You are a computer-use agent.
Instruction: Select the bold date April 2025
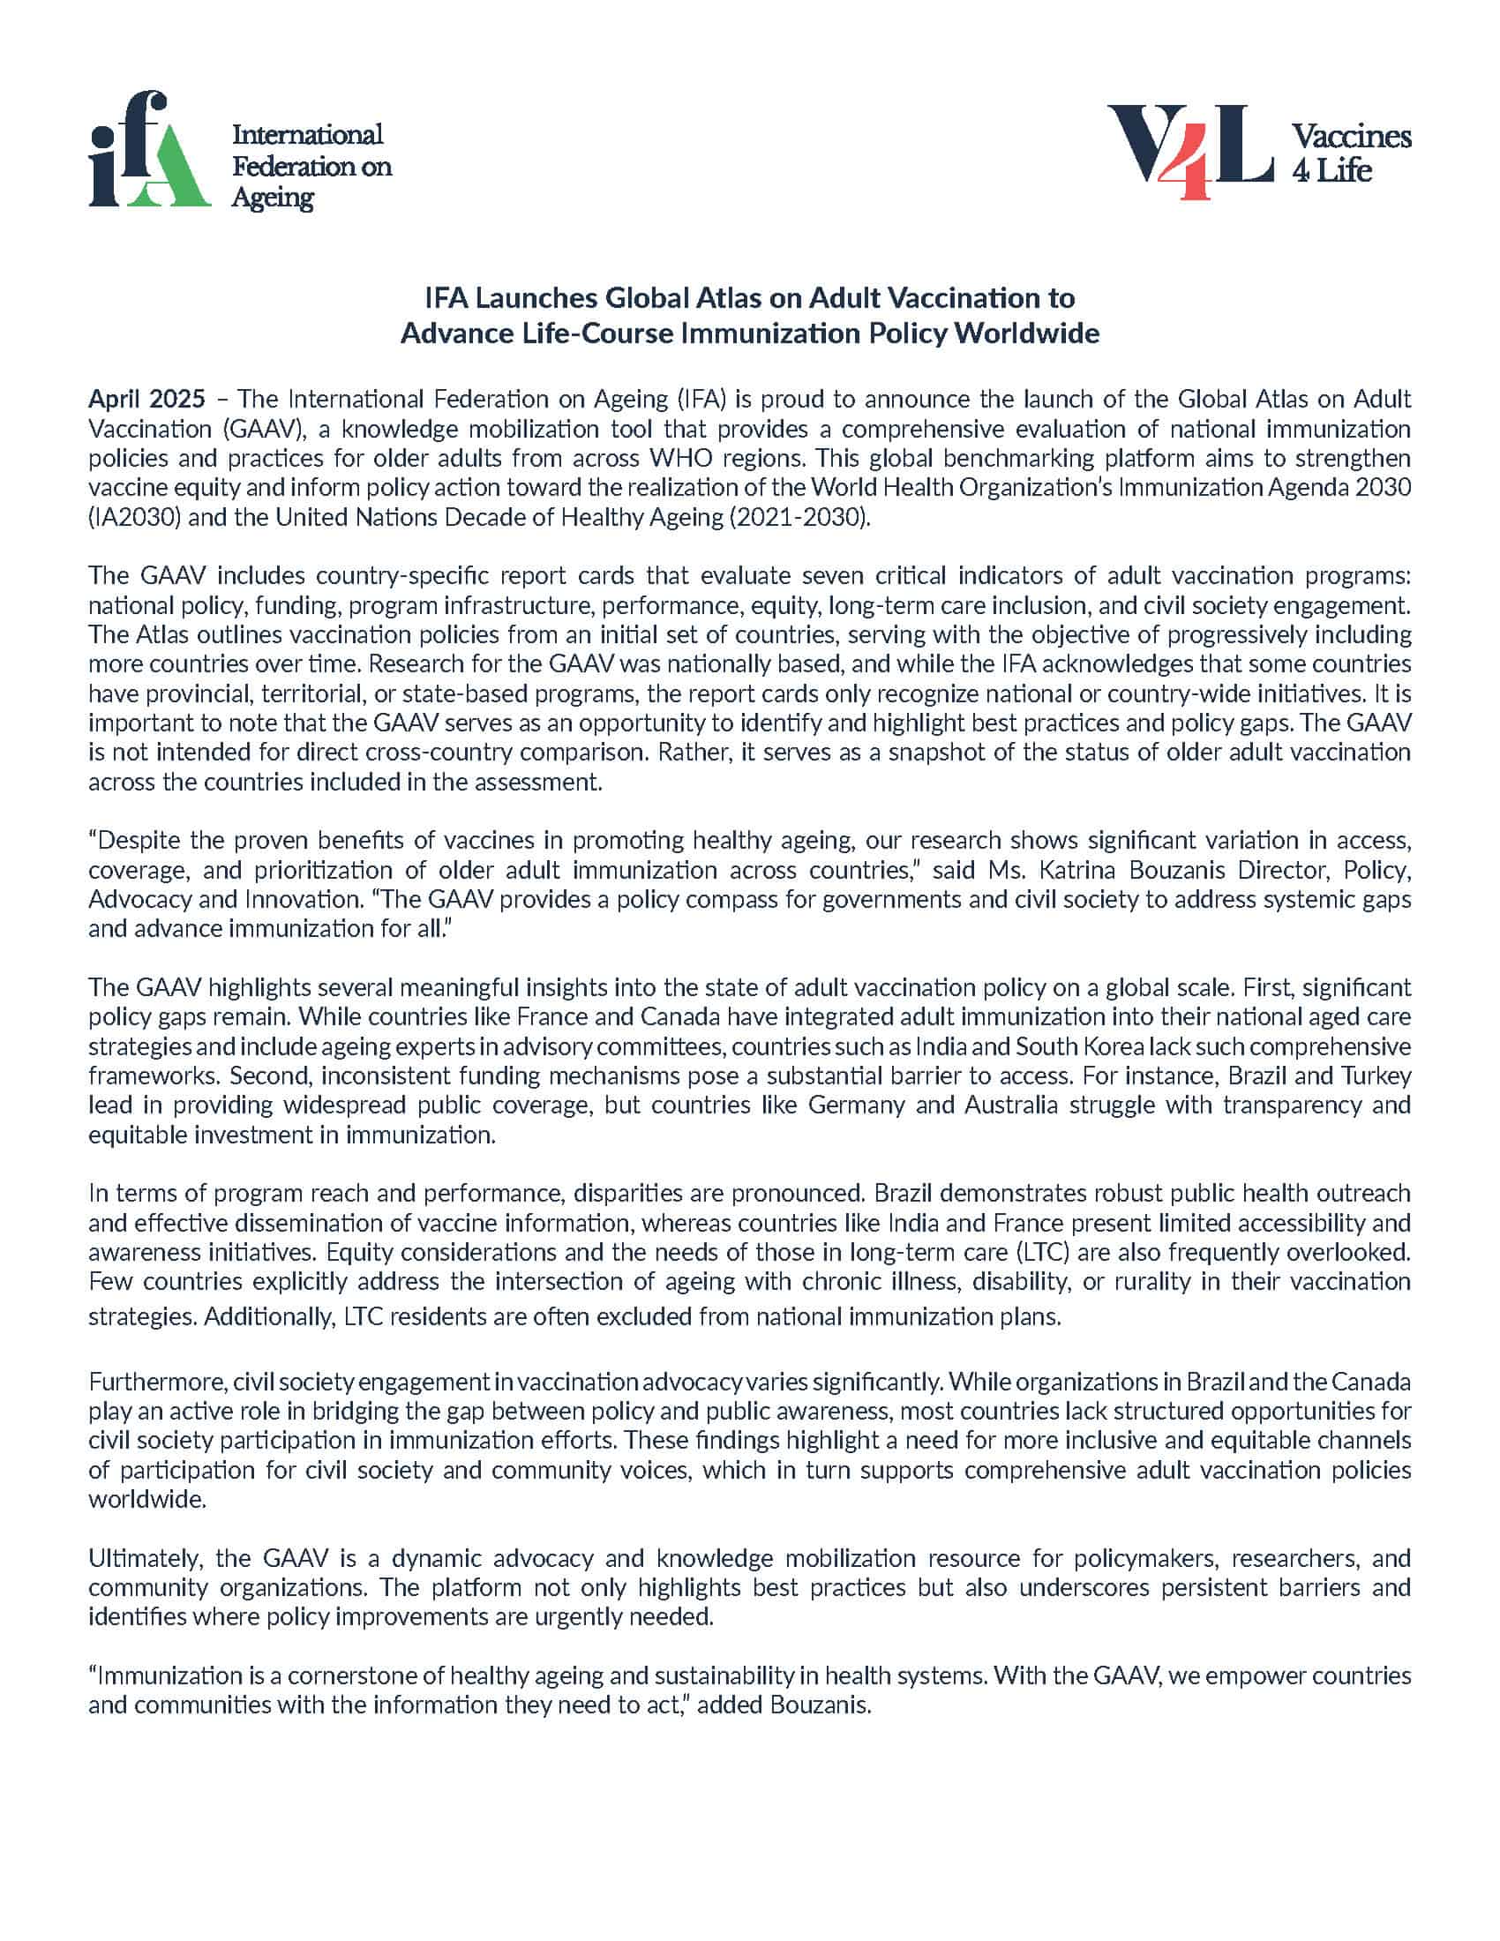click(x=146, y=399)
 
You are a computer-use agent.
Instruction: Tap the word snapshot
click(x=894, y=752)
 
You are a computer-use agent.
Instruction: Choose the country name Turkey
click(x=1376, y=1075)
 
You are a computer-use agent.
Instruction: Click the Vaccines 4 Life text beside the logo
click(x=1350, y=153)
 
